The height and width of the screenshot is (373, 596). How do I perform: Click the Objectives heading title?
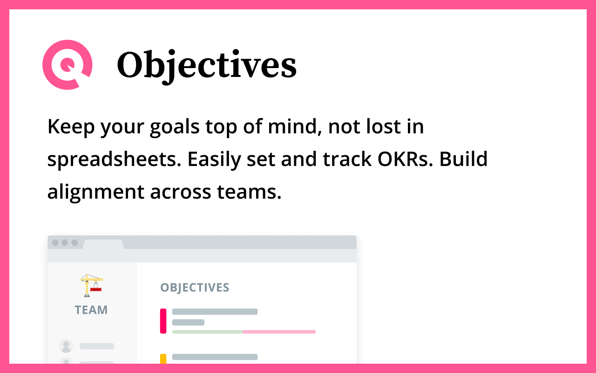click(x=207, y=66)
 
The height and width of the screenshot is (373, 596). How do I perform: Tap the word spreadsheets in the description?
click(x=114, y=160)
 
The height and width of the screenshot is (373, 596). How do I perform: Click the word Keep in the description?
click(x=71, y=127)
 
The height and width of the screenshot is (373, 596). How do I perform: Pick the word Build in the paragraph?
click(x=463, y=159)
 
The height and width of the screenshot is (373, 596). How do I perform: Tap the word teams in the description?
click(x=249, y=192)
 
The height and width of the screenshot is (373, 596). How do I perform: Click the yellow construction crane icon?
click(x=92, y=285)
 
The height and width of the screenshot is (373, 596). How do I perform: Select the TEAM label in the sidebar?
click(x=91, y=310)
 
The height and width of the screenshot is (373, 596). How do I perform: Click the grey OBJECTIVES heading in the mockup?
click(x=195, y=288)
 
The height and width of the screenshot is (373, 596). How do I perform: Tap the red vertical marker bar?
click(x=163, y=321)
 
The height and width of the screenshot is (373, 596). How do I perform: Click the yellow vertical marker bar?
click(x=163, y=359)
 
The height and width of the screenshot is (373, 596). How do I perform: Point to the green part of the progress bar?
click(x=208, y=332)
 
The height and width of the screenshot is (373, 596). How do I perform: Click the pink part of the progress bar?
click(x=279, y=332)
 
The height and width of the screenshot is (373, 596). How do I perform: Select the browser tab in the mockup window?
click(x=103, y=244)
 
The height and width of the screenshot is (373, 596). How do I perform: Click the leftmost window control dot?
click(x=55, y=243)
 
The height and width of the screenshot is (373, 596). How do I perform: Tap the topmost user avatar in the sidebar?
click(x=66, y=346)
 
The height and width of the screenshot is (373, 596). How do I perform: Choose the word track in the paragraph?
click(x=347, y=159)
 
